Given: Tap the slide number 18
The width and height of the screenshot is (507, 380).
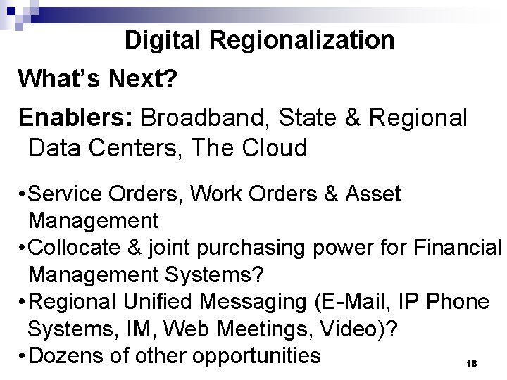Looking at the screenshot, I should [x=472, y=362].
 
